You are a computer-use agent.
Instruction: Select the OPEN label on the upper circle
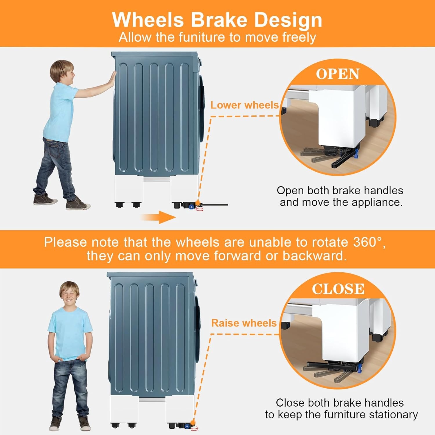point(338,74)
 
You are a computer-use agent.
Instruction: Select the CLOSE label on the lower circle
point(338,289)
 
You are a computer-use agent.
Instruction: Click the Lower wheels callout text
point(244,105)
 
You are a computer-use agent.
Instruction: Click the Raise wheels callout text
point(244,323)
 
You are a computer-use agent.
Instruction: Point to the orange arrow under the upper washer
point(158,217)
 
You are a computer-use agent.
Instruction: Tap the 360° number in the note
point(367,242)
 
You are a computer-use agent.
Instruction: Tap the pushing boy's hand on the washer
point(111,78)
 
